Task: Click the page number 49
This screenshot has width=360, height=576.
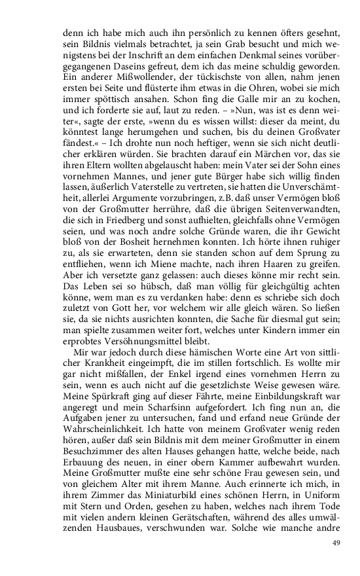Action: point(336,542)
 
